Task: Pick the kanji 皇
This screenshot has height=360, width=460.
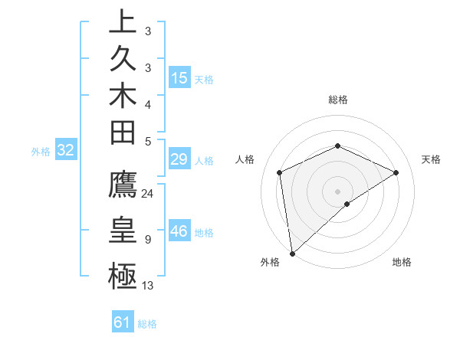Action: tap(123, 230)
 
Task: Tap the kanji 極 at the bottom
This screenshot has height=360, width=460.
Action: tap(123, 274)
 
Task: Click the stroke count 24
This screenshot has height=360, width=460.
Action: tap(148, 194)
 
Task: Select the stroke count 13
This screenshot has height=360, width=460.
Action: tap(148, 286)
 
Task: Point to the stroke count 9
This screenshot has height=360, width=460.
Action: tap(147, 240)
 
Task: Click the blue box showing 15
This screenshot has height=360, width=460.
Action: tap(179, 77)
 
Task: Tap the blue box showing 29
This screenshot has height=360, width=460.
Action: tap(179, 159)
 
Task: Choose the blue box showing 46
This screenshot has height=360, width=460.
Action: tap(179, 231)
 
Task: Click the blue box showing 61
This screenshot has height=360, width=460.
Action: tap(123, 322)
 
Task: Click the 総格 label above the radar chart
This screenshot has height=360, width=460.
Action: tap(337, 100)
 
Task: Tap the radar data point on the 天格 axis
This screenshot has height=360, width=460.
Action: tap(396, 172)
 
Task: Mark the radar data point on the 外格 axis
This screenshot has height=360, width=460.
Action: tap(292, 253)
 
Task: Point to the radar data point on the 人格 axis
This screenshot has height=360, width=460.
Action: tap(280, 172)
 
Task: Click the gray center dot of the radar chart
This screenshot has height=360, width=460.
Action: tap(337, 191)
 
